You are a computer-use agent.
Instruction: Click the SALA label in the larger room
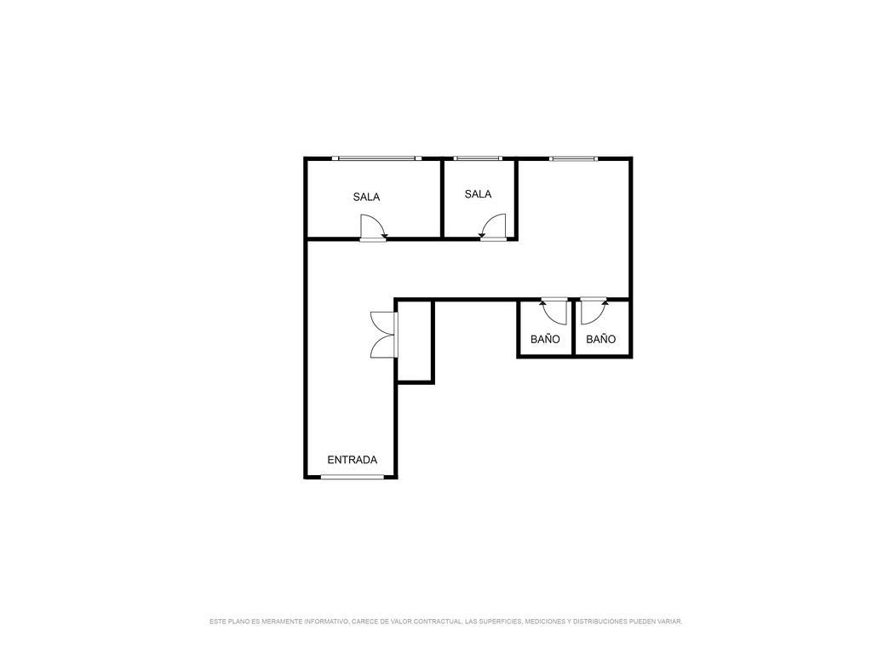[366, 197]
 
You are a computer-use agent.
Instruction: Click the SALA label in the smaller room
[479, 194]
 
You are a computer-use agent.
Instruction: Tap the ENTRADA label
[352, 460]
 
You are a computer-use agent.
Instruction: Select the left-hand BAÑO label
[545, 339]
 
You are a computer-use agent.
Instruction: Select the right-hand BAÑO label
[600, 339]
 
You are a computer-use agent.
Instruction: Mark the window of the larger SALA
[376, 158]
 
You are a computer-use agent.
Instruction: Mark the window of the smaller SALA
[478, 158]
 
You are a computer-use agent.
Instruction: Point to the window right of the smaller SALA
[573, 159]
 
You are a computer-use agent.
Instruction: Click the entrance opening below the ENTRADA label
[353, 477]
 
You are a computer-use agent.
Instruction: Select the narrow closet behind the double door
[416, 341]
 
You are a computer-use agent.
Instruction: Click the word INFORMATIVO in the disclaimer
[328, 621]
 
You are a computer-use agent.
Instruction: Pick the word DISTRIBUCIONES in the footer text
[600, 621]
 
